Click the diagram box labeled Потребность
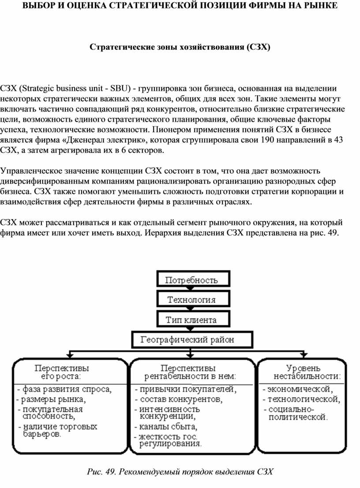[x=191, y=279]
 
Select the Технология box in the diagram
[x=191, y=300]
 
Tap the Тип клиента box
[x=191, y=320]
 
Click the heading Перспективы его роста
[x=61, y=372]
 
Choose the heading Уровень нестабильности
[x=306, y=372]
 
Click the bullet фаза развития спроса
[x=65, y=389]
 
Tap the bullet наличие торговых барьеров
[x=58, y=430]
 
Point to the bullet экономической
[x=297, y=389]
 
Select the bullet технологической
[x=302, y=400]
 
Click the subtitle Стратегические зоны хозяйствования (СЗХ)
[x=180, y=47]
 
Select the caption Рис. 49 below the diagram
[x=101, y=472]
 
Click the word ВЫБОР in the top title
[x=37, y=6]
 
